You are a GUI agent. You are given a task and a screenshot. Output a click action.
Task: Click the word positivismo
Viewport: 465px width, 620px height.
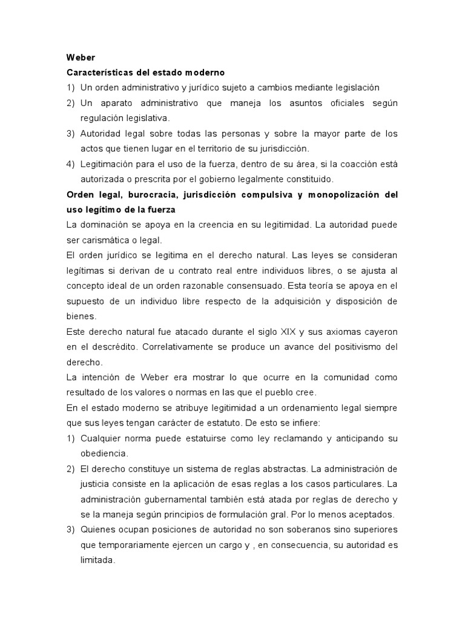click(354, 347)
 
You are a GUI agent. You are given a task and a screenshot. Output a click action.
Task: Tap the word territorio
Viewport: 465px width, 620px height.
click(222, 148)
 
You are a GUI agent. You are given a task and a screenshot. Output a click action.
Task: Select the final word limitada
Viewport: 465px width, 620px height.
click(97, 560)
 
